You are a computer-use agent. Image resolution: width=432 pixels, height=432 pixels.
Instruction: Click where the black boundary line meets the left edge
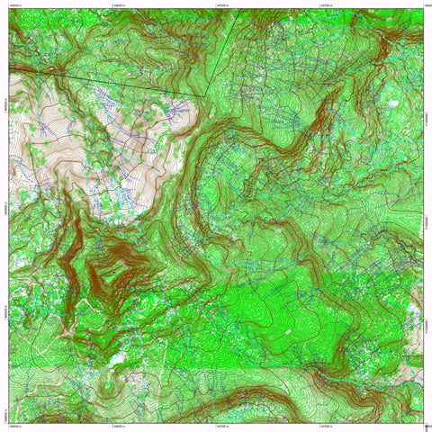tap(10, 68)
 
